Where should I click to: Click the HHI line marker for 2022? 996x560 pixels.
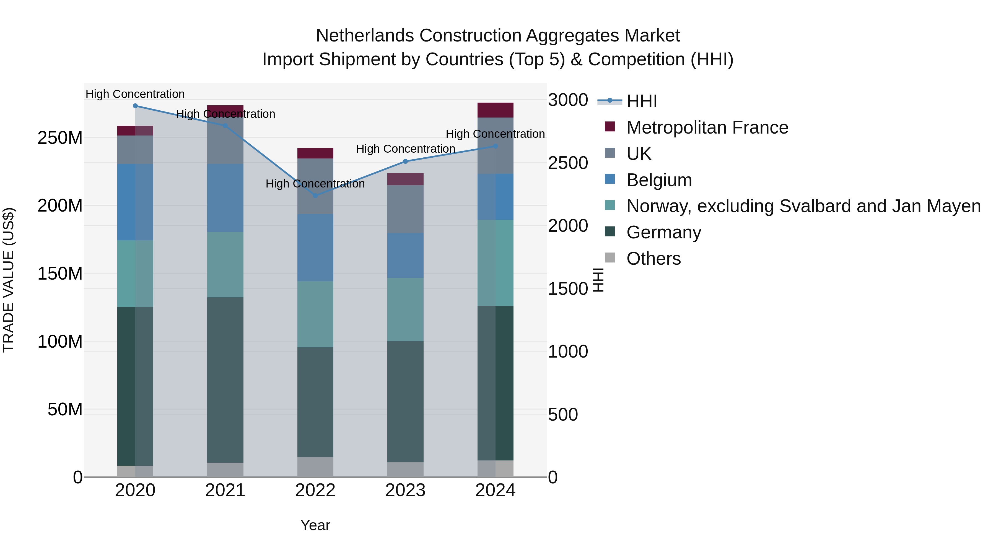[315, 196]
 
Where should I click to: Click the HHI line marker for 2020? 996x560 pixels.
[135, 106]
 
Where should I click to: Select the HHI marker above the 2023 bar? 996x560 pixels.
[405, 162]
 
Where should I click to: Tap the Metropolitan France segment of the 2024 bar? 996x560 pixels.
[495, 110]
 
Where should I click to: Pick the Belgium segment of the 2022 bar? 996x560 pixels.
[315, 248]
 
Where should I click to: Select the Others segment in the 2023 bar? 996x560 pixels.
[405, 470]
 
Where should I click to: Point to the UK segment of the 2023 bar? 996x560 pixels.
[405, 209]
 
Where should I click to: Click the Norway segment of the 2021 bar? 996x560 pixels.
[225, 265]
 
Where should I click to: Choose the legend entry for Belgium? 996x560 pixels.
[659, 180]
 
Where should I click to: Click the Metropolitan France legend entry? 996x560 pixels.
[707, 127]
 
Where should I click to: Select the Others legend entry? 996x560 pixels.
[653, 259]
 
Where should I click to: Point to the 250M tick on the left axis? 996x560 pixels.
[60, 138]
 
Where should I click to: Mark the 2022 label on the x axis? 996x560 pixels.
[315, 490]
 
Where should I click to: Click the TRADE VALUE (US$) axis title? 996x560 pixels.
[9, 280]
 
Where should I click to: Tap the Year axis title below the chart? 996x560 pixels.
[315, 525]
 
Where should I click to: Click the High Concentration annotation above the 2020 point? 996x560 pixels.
[135, 94]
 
